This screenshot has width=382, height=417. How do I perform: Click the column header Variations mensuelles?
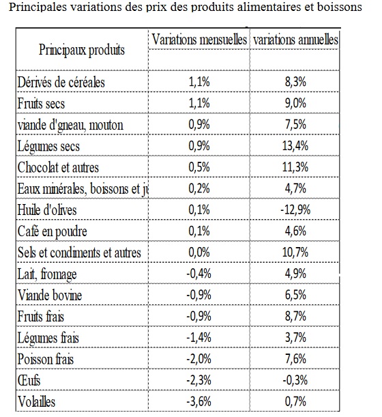pos(199,40)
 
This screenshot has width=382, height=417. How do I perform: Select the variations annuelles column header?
pos(295,40)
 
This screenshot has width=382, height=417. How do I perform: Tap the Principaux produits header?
pos(82,50)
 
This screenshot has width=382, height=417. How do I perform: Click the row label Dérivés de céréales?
pos(61,82)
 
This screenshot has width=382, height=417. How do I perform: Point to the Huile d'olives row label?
pos(47,210)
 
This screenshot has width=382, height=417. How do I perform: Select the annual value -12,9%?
pos(295,210)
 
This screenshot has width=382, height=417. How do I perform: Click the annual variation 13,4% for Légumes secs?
pos(295,146)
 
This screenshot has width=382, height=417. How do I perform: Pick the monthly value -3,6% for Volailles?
pos(199,401)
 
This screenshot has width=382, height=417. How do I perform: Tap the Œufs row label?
pos(29,380)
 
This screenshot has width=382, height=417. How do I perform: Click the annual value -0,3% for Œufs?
pos(295,380)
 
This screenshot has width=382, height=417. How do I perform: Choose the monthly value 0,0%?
pos(199,252)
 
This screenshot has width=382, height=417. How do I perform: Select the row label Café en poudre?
pos(52,231)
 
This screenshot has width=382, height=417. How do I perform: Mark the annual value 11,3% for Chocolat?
pos(295,167)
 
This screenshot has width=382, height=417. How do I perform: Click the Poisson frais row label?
pos(46,359)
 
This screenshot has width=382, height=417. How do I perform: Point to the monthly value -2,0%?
pos(199,359)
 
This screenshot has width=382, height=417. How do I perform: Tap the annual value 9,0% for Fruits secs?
pos(295,103)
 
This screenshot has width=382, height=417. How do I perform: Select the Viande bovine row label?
pos(50,295)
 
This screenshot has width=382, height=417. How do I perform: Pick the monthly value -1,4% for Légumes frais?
pos(199,337)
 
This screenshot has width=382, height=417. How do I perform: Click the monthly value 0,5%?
pos(199,167)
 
